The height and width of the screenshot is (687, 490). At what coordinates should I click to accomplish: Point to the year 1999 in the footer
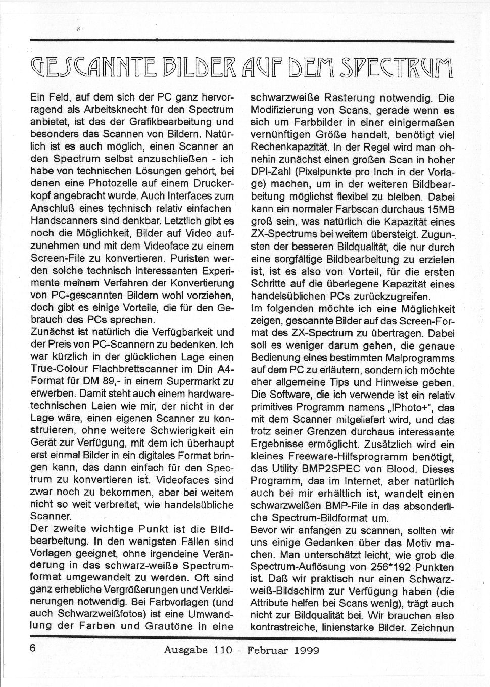pos(306,650)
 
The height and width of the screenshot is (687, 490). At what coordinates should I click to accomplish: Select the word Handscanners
pos(63,221)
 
